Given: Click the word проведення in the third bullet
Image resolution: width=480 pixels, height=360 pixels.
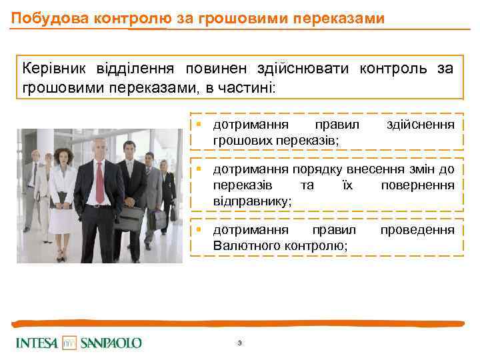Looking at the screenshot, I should (417, 230).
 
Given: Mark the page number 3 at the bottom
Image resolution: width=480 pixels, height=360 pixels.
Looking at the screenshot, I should (239, 343).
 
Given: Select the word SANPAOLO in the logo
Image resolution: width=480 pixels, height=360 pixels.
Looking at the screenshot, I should (111, 343).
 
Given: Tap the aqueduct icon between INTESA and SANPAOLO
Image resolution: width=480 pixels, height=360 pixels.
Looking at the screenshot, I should (70, 343).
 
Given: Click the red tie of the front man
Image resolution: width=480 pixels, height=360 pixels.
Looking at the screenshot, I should (100, 180).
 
